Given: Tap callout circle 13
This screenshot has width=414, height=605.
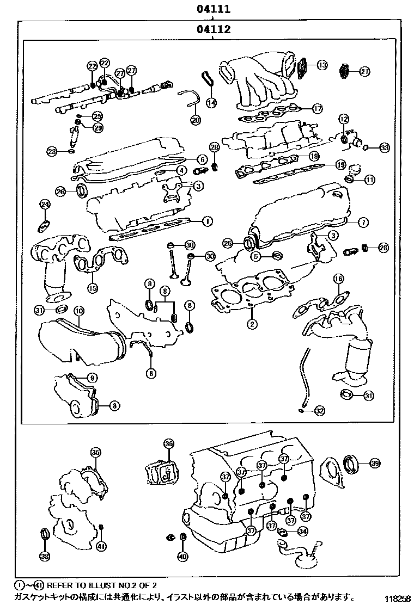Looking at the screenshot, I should click(322, 65).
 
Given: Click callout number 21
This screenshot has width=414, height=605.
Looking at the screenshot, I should click(364, 71).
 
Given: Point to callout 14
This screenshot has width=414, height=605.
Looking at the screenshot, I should click(211, 102).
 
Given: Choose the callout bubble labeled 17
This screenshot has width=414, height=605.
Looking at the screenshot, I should click(318, 108).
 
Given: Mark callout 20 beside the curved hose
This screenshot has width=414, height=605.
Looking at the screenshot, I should click(196, 120).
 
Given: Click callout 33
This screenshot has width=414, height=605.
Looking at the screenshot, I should click(385, 147).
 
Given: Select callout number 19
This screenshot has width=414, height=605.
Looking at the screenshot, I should click(340, 164).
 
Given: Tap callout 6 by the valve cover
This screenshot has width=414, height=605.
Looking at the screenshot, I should click(202, 159).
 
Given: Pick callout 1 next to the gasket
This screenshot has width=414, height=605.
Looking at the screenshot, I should click(206, 221).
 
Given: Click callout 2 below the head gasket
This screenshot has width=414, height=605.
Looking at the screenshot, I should click(251, 325).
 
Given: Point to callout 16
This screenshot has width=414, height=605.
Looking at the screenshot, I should click(338, 279).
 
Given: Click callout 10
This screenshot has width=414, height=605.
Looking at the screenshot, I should click(79, 312).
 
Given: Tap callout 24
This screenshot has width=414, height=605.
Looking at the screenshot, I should click(45, 205).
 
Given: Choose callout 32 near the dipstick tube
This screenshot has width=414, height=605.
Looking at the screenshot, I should click(319, 411).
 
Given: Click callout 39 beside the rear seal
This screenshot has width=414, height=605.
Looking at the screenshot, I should click(374, 463).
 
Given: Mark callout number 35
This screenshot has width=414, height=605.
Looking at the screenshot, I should click(95, 452).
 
